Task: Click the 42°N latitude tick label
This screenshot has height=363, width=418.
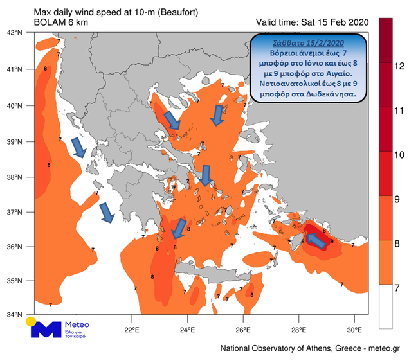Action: click(15, 32)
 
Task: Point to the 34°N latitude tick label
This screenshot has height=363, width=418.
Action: click(15, 315)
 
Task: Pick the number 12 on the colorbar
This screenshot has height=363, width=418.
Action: click(399, 66)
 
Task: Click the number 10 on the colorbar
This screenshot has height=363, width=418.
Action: click(399, 155)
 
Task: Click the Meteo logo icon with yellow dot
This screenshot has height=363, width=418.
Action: click(45, 329)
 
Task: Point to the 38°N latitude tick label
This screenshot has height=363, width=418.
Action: click(15, 177)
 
